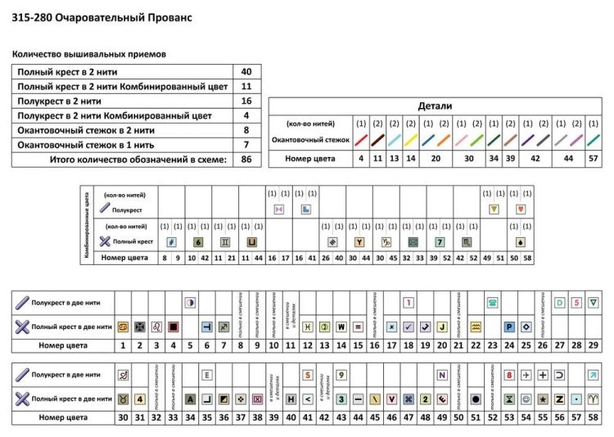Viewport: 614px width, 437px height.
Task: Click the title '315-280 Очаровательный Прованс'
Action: tap(102, 16)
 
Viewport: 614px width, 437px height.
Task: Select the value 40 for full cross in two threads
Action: tap(246, 71)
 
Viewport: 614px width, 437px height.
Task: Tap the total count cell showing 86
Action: tap(246, 160)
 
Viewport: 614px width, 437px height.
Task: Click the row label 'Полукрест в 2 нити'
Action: tap(61, 101)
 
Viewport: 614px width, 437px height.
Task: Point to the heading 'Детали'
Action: tap(435, 106)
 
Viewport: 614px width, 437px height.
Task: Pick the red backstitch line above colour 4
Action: tap(361, 140)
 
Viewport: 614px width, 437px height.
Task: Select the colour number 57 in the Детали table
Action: tap(594, 158)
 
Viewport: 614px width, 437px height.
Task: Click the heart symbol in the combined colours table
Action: tap(521, 209)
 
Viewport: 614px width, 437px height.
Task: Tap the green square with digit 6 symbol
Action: tap(198, 242)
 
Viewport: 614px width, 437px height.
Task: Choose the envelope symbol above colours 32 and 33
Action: tap(413, 242)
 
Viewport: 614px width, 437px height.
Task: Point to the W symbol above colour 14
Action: tap(341, 326)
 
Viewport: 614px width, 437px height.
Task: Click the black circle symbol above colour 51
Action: tap(475, 399)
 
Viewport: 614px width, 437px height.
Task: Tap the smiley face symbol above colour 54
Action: tap(526, 399)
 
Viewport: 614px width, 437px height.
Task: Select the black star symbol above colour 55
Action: tap(544, 399)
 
